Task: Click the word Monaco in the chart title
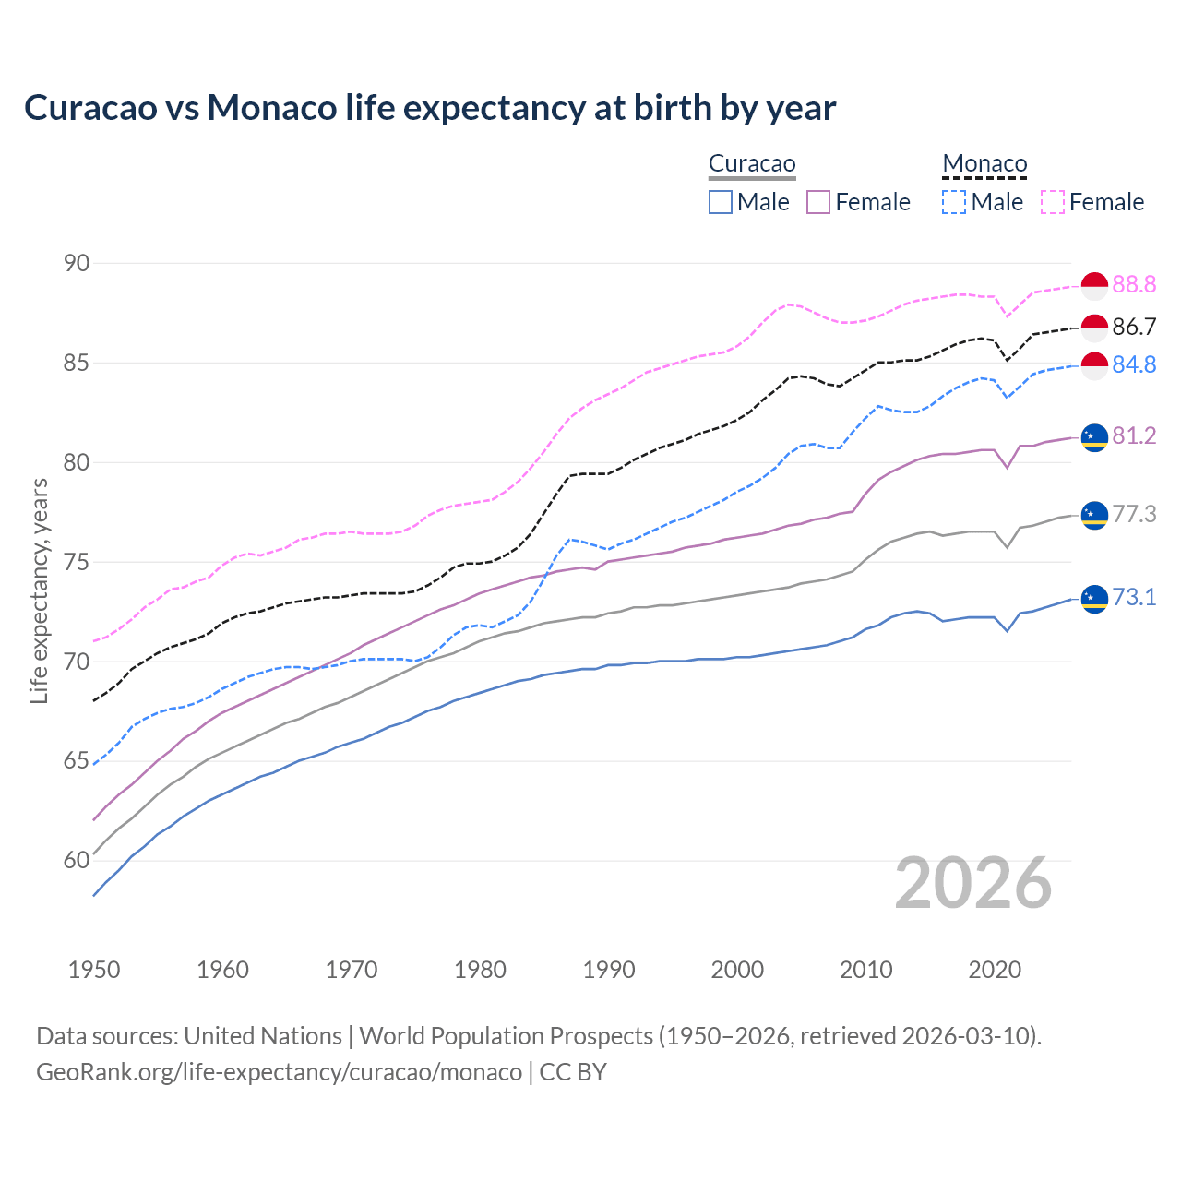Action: [272, 108]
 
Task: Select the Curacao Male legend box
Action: [721, 202]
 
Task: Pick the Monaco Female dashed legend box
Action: [1053, 202]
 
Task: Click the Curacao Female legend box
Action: [818, 202]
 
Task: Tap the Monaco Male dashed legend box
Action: [954, 202]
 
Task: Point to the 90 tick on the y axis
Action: [77, 263]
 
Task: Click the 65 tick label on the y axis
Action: [77, 761]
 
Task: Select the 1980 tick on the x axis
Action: [480, 970]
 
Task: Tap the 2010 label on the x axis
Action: [865, 970]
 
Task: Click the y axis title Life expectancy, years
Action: [40, 590]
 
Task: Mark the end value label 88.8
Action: [1134, 285]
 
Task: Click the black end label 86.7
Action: [1134, 327]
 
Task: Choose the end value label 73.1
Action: [1134, 598]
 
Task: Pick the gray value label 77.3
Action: [1134, 515]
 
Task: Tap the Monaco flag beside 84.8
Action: [1094, 365]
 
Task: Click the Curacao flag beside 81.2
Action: [1094, 436]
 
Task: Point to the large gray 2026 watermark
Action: [973, 884]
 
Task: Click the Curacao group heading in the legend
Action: [752, 164]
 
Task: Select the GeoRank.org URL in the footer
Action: [279, 1072]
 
